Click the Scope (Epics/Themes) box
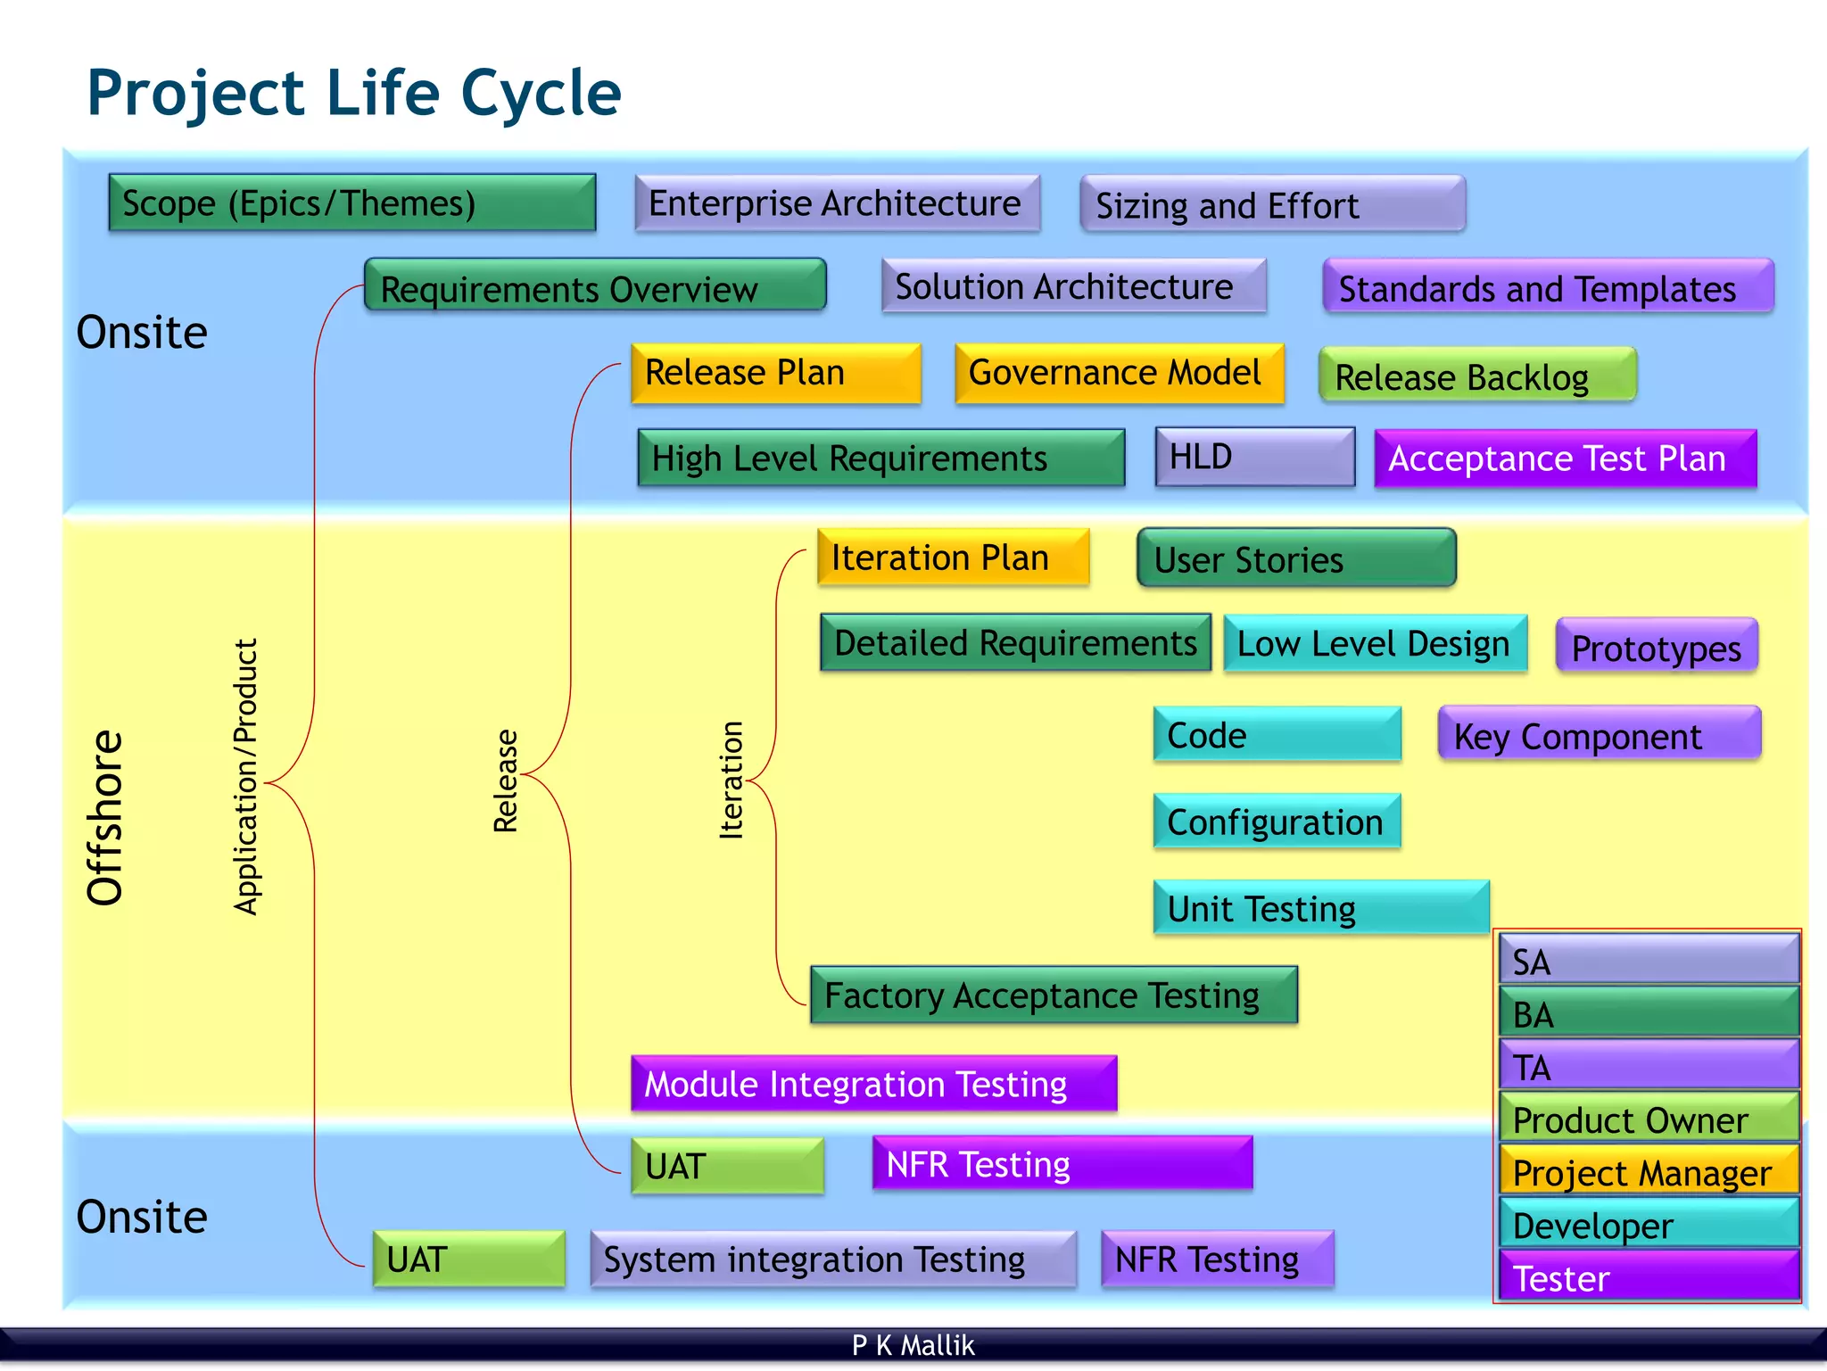pos(351,203)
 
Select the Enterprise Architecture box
pos(837,203)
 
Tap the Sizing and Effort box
pos(1272,205)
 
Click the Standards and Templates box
pos(1548,287)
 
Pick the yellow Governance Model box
pos(1119,373)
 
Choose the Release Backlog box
pos(1477,376)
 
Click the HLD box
pos(1254,458)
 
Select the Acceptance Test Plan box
pos(1565,458)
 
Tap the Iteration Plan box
pos(953,557)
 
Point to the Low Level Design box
pos(1375,643)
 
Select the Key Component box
pos(1599,735)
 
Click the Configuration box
pos(1277,822)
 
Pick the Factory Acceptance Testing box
pos(1054,995)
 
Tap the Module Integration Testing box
pos(873,1084)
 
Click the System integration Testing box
pos(833,1260)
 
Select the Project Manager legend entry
pos(1649,1172)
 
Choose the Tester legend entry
pos(1649,1277)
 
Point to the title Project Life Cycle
pos(354,93)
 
